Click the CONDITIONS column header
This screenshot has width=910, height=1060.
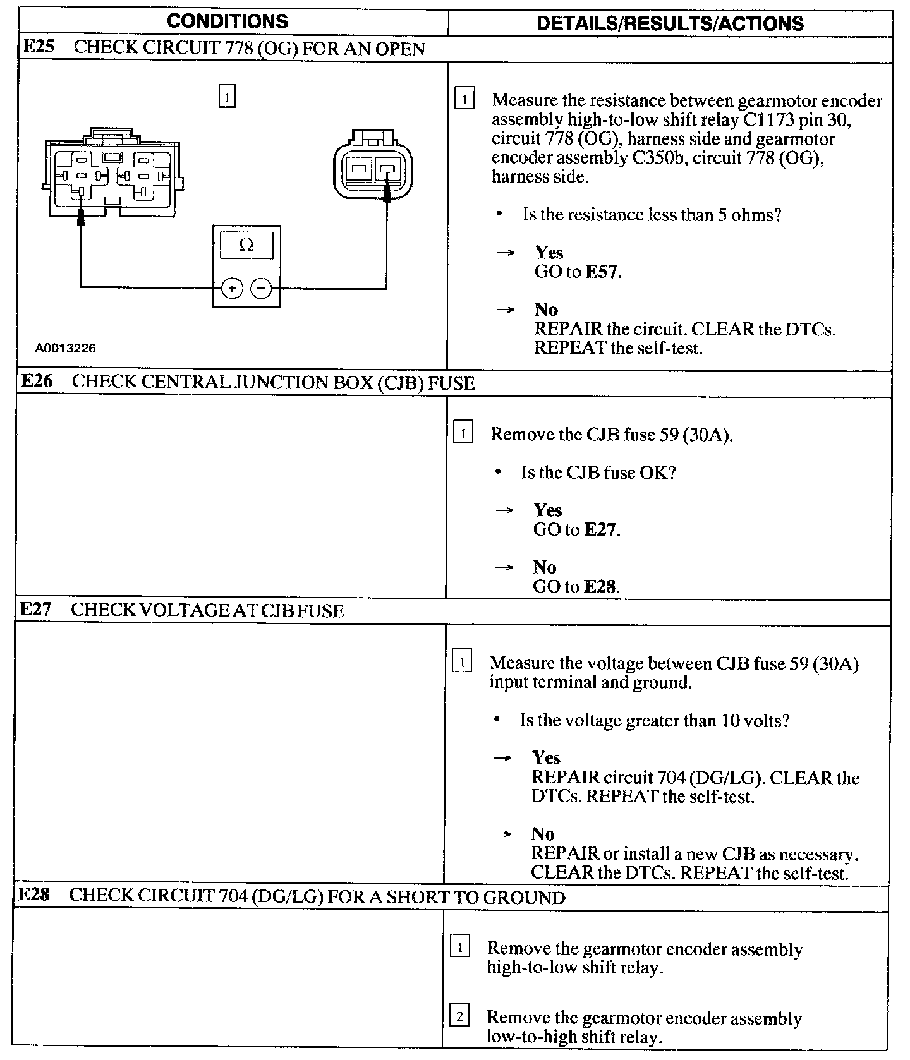[227, 21]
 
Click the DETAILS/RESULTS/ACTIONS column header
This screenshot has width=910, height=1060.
[670, 24]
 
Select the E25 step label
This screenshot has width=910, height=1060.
[37, 48]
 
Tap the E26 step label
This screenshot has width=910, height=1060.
[37, 381]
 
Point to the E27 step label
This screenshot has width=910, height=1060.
[35, 609]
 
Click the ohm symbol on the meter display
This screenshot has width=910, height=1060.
[246, 245]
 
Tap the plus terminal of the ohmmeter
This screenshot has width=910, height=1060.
[233, 289]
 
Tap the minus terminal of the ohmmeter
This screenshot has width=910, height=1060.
[261, 289]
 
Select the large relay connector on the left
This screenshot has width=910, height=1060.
[114, 174]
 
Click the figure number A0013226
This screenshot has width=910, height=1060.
[66, 348]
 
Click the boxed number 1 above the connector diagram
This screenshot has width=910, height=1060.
[227, 97]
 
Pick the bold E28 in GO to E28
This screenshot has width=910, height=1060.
[600, 586]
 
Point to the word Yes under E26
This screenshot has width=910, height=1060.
[547, 510]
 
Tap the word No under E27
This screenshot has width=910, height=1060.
[543, 834]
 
